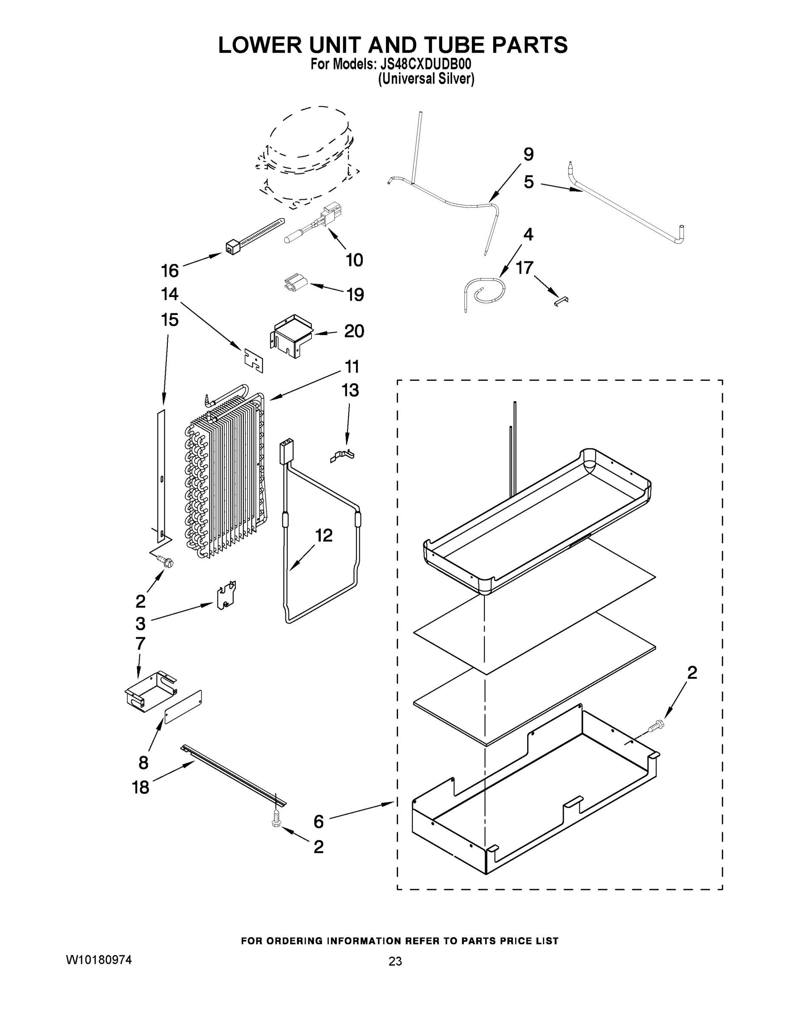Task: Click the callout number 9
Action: pyautogui.click(x=528, y=155)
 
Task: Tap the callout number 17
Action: pyautogui.click(x=524, y=268)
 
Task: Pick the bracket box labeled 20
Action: pyautogui.click(x=291, y=335)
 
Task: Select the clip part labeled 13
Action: pyautogui.click(x=343, y=455)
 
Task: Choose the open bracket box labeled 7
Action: pyautogui.click(x=150, y=690)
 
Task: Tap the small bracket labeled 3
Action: pyautogui.click(x=226, y=595)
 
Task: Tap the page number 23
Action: pyautogui.click(x=395, y=961)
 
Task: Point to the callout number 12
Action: pyautogui.click(x=324, y=535)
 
